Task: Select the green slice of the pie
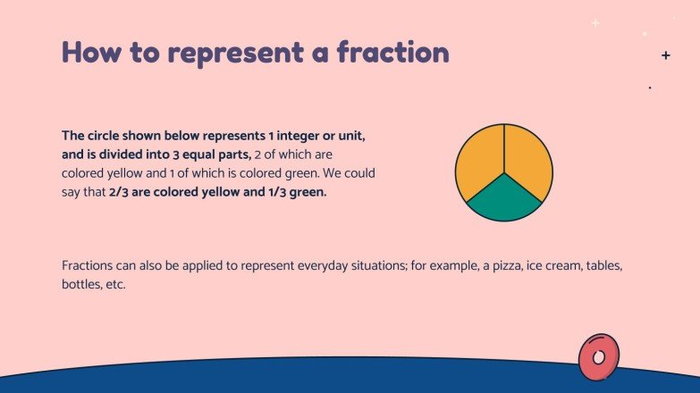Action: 504,197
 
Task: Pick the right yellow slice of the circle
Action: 528,160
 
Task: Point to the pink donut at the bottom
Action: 598,357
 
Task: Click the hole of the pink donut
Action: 599,357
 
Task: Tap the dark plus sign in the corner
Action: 665,55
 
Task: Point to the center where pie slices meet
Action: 504,171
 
